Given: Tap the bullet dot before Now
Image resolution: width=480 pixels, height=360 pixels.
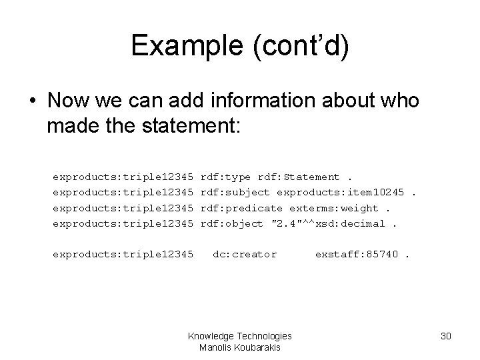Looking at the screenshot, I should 31,102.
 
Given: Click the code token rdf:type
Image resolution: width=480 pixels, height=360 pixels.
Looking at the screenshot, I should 225,177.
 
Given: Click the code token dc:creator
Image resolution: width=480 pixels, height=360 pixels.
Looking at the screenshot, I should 244,254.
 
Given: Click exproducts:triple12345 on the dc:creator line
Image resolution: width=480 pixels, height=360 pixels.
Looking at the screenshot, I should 123,254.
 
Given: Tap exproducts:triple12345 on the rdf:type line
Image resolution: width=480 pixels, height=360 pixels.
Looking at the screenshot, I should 123,177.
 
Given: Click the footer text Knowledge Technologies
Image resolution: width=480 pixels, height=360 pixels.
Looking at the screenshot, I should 240,337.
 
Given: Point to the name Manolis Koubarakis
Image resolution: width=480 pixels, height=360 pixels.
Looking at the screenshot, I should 240,347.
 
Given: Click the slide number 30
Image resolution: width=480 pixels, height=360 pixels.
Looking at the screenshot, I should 446,337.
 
